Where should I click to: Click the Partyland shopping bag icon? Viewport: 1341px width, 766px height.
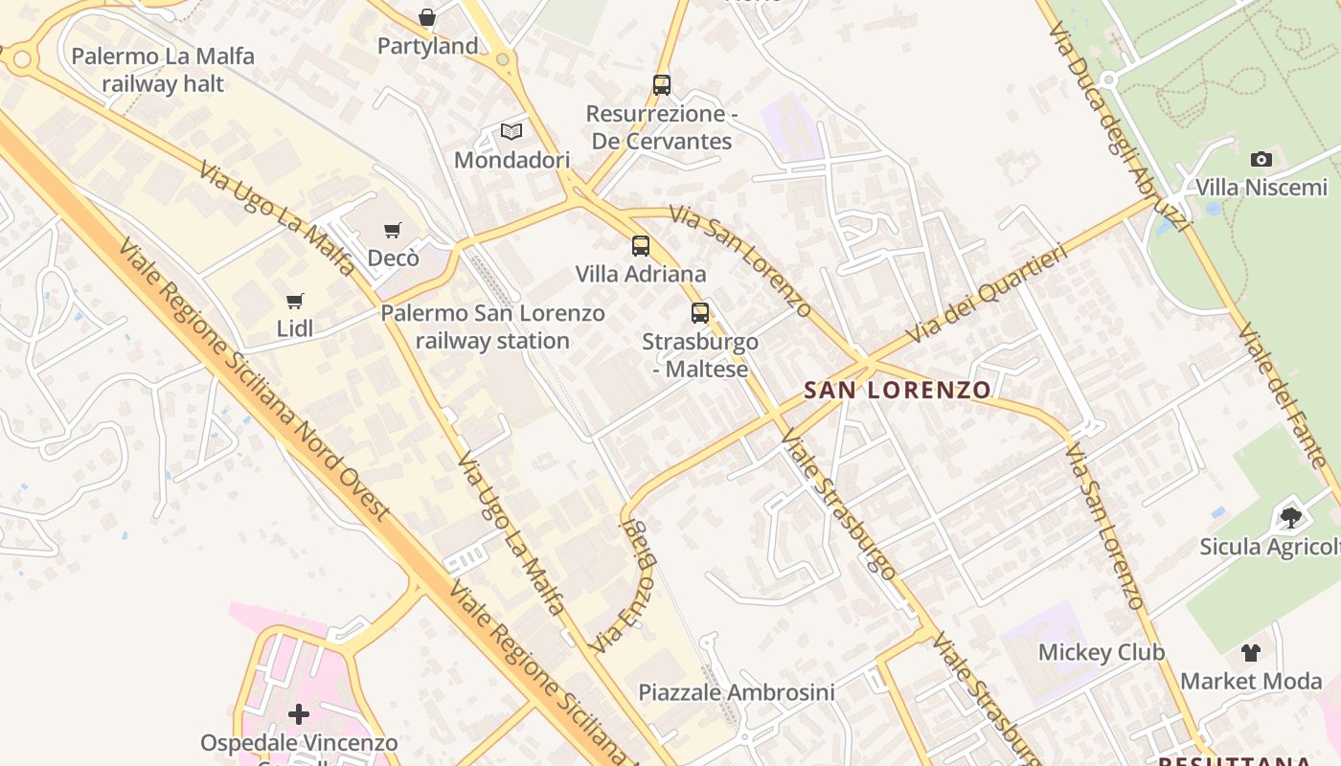click(427, 17)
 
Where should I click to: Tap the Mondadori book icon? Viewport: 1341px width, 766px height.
click(511, 132)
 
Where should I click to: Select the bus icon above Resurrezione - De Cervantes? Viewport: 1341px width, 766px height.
click(662, 84)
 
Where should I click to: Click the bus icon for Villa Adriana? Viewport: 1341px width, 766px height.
click(641, 246)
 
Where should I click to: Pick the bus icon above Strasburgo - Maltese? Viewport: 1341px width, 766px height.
click(700, 312)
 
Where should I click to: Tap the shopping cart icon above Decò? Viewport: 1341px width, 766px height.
click(392, 230)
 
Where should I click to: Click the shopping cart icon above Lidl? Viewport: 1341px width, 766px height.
click(295, 301)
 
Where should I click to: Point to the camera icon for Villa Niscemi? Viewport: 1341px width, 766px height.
click(1261, 159)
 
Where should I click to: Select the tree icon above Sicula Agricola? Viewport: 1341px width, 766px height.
click(1290, 518)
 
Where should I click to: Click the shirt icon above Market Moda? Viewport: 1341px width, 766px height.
click(1251, 653)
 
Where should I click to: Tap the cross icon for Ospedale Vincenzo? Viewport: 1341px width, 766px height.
click(299, 714)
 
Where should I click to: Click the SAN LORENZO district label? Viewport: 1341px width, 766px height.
click(898, 390)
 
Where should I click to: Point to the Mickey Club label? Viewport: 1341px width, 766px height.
click(1102, 653)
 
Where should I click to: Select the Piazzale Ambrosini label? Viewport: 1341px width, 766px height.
click(737, 692)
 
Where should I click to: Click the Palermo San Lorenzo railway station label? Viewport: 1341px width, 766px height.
click(492, 327)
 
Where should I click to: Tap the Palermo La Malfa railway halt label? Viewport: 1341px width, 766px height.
click(163, 70)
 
